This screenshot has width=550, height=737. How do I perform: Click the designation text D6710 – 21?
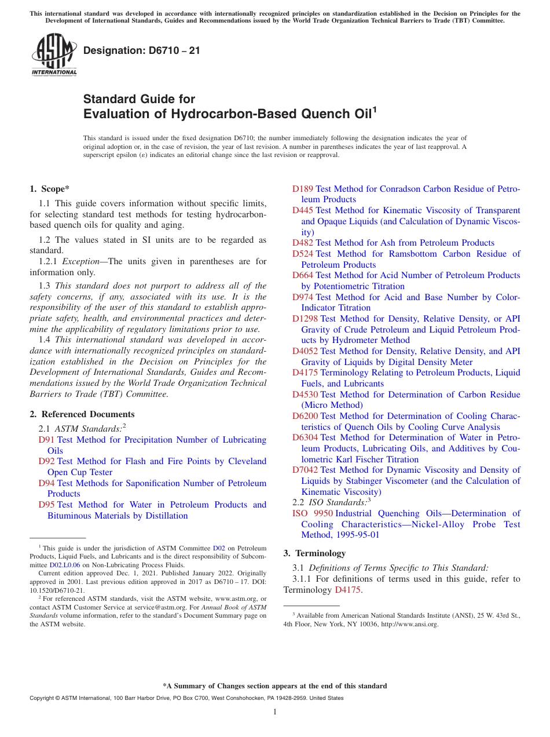142,50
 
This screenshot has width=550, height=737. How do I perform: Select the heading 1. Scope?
50,188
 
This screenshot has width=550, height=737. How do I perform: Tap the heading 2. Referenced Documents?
82,414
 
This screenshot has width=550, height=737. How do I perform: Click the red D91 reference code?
46,440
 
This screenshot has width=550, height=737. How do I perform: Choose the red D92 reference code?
46,461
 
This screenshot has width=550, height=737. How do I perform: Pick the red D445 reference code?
303,210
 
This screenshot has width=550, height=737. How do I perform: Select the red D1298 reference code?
305,319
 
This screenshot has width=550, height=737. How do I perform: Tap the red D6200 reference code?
305,416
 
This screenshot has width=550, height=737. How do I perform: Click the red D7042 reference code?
305,470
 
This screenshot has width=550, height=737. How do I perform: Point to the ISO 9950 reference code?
313,513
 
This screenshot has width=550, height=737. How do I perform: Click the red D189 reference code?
303,189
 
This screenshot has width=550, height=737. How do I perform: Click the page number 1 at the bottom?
275,712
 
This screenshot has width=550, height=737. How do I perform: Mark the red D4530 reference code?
305,395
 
